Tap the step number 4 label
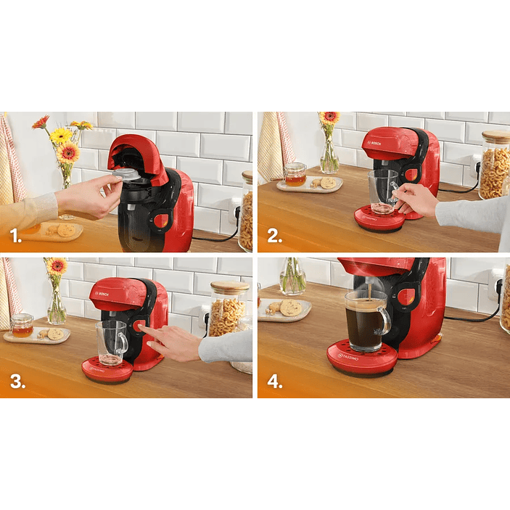[x=275, y=382]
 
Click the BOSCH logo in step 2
[x=375, y=144]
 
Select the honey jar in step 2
[x=295, y=175]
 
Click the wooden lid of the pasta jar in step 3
[x=229, y=288]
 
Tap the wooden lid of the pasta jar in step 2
[x=495, y=136]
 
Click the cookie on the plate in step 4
[x=291, y=308]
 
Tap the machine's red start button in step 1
[x=163, y=221]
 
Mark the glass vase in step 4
[x=292, y=276]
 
